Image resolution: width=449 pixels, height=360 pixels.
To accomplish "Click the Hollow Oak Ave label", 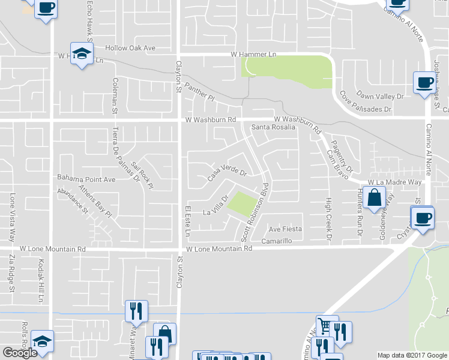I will (130, 48).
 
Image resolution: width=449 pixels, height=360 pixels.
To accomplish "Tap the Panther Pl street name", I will (200, 92).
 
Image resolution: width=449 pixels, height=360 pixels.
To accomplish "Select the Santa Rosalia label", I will (273, 127).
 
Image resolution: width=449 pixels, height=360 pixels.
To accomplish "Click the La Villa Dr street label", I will (216, 205).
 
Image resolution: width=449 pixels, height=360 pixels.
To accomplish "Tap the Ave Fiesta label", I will (285, 229).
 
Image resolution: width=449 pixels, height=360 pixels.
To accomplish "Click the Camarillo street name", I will (276, 241).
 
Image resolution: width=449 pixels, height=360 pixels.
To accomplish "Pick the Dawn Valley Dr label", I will (379, 96).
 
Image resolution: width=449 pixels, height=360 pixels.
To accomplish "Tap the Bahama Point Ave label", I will (86, 179).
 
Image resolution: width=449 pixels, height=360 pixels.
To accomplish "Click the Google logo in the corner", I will (20, 353).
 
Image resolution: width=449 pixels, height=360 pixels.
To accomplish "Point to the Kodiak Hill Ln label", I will (38, 278).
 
